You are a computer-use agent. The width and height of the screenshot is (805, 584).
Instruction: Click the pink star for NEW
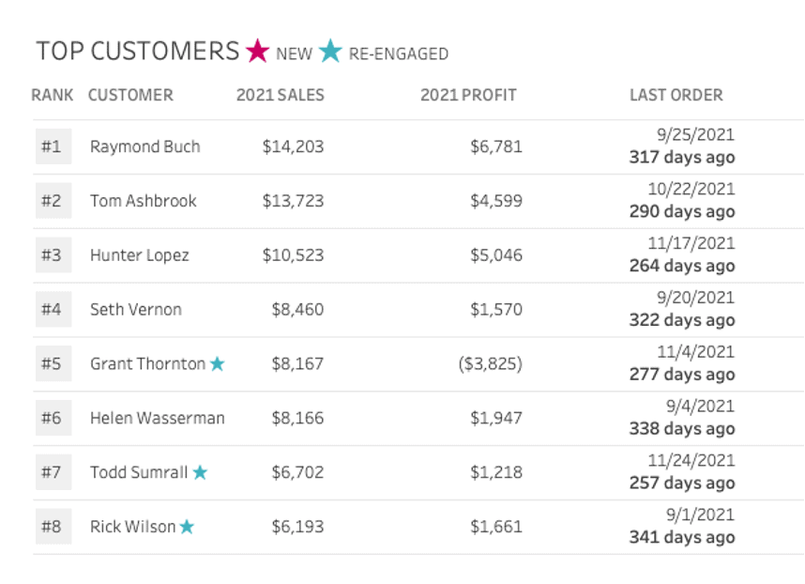point(258,51)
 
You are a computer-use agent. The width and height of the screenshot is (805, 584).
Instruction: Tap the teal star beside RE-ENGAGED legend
point(330,51)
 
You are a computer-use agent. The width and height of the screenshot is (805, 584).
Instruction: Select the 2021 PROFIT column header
point(468,95)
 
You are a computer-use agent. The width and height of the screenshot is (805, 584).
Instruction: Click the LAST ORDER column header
point(676,95)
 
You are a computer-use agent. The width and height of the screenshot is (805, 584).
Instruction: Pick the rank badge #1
point(52,146)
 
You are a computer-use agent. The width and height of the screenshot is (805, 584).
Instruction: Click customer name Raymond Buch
point(144,146)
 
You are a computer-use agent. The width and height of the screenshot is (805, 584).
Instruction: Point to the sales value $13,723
point(293,201)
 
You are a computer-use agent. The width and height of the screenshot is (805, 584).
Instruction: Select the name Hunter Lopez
point(139,255)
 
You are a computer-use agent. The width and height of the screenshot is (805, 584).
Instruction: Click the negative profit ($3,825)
point(491,363)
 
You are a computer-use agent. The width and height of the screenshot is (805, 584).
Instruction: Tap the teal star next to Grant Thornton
point(217,364)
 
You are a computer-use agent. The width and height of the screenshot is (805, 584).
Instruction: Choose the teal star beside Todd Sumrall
point(200,473)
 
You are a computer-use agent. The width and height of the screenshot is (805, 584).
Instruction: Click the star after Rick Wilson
point(187,528)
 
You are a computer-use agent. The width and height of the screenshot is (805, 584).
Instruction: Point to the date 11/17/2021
point(691,243)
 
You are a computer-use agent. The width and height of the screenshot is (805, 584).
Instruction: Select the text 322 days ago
point(682,320)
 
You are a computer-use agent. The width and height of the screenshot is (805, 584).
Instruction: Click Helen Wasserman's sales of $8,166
point(297,418)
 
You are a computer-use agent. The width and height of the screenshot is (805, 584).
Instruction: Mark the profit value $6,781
point(498,146)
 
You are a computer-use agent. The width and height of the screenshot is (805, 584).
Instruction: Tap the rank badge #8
point(52,527)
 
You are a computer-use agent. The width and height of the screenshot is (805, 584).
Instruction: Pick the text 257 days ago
point(682,484)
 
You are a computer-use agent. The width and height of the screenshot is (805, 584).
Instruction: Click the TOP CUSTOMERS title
point(138,51)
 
